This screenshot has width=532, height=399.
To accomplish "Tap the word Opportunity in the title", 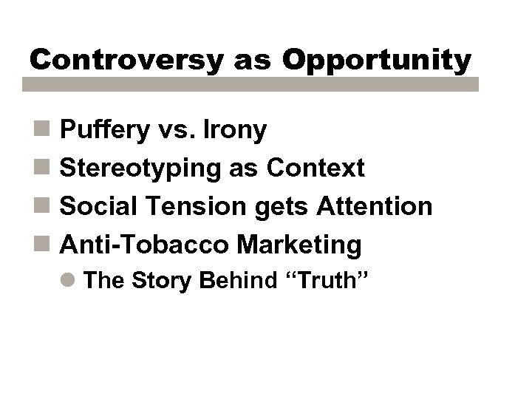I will point(377,61).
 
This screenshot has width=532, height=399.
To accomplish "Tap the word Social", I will point(91,206).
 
